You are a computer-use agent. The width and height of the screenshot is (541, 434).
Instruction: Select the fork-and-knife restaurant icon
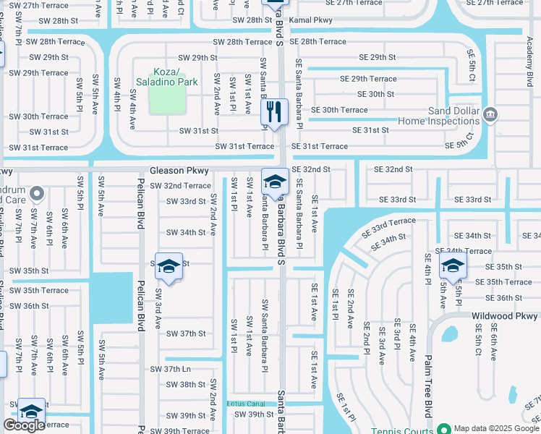tap(273, 111)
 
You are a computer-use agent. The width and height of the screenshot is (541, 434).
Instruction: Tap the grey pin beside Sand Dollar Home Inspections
tap(490, 114)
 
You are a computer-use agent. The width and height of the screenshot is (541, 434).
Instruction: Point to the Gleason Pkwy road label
tap(179, 171)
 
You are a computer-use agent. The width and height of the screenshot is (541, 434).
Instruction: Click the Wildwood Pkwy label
tap(505, 316)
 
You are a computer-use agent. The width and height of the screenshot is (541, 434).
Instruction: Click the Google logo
tap(24, 425)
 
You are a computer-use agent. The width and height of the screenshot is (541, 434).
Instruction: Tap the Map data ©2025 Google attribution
tap(494, 427)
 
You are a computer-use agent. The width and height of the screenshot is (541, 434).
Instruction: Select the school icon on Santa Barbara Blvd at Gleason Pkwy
tap(275, 181)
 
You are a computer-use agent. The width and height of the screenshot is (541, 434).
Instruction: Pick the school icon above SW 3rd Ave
tap(168, 267)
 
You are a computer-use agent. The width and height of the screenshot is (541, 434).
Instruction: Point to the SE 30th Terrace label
tap(339, 110)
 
